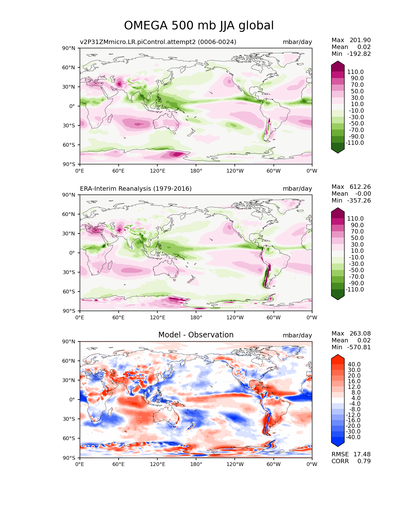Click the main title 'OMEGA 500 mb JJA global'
(x=199, y=25)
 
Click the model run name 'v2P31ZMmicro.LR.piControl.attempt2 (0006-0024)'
(x=158, y=42)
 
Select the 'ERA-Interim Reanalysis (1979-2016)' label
(x=136, y=189)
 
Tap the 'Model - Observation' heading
(x=196, y=335)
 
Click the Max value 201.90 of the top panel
(x=360, y=40)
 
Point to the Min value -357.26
(x=359, y=200)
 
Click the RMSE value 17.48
(x=362, y=454)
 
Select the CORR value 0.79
(x=364, y=461)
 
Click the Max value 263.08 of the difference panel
(x=360, y=333)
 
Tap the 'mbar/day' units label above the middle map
(x=297, y=189)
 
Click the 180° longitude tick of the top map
(x=196, y=171)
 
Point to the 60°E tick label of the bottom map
(x=119, y=464)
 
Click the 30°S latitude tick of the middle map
(x=69, y=272)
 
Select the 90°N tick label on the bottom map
(x=69, y=341)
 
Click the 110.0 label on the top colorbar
(x=355, y=72)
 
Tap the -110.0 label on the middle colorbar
(x=355, y=289)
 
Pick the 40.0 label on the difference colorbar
(x=354, y=364)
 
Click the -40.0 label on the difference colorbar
(x=353, y=437)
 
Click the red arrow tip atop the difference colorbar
(x=337, y=355)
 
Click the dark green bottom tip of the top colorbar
(x=337, y=153)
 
